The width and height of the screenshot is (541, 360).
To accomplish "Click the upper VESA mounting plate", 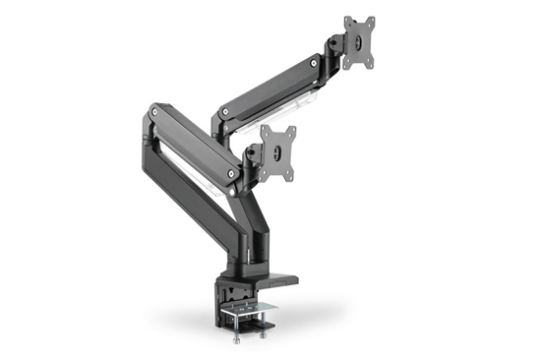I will pyautogui.click(x=360, y=43).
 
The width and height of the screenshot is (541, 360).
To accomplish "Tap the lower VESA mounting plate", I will pyautogui.click(x=280, y=152).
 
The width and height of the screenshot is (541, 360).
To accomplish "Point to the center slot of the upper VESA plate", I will pyautogui.click(x=361, y=44).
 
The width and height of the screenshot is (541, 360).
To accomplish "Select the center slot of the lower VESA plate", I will pyautogui.click(x=281, y=153).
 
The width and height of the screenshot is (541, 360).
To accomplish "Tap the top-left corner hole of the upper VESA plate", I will pyautogui.click(x=347, y=22).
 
